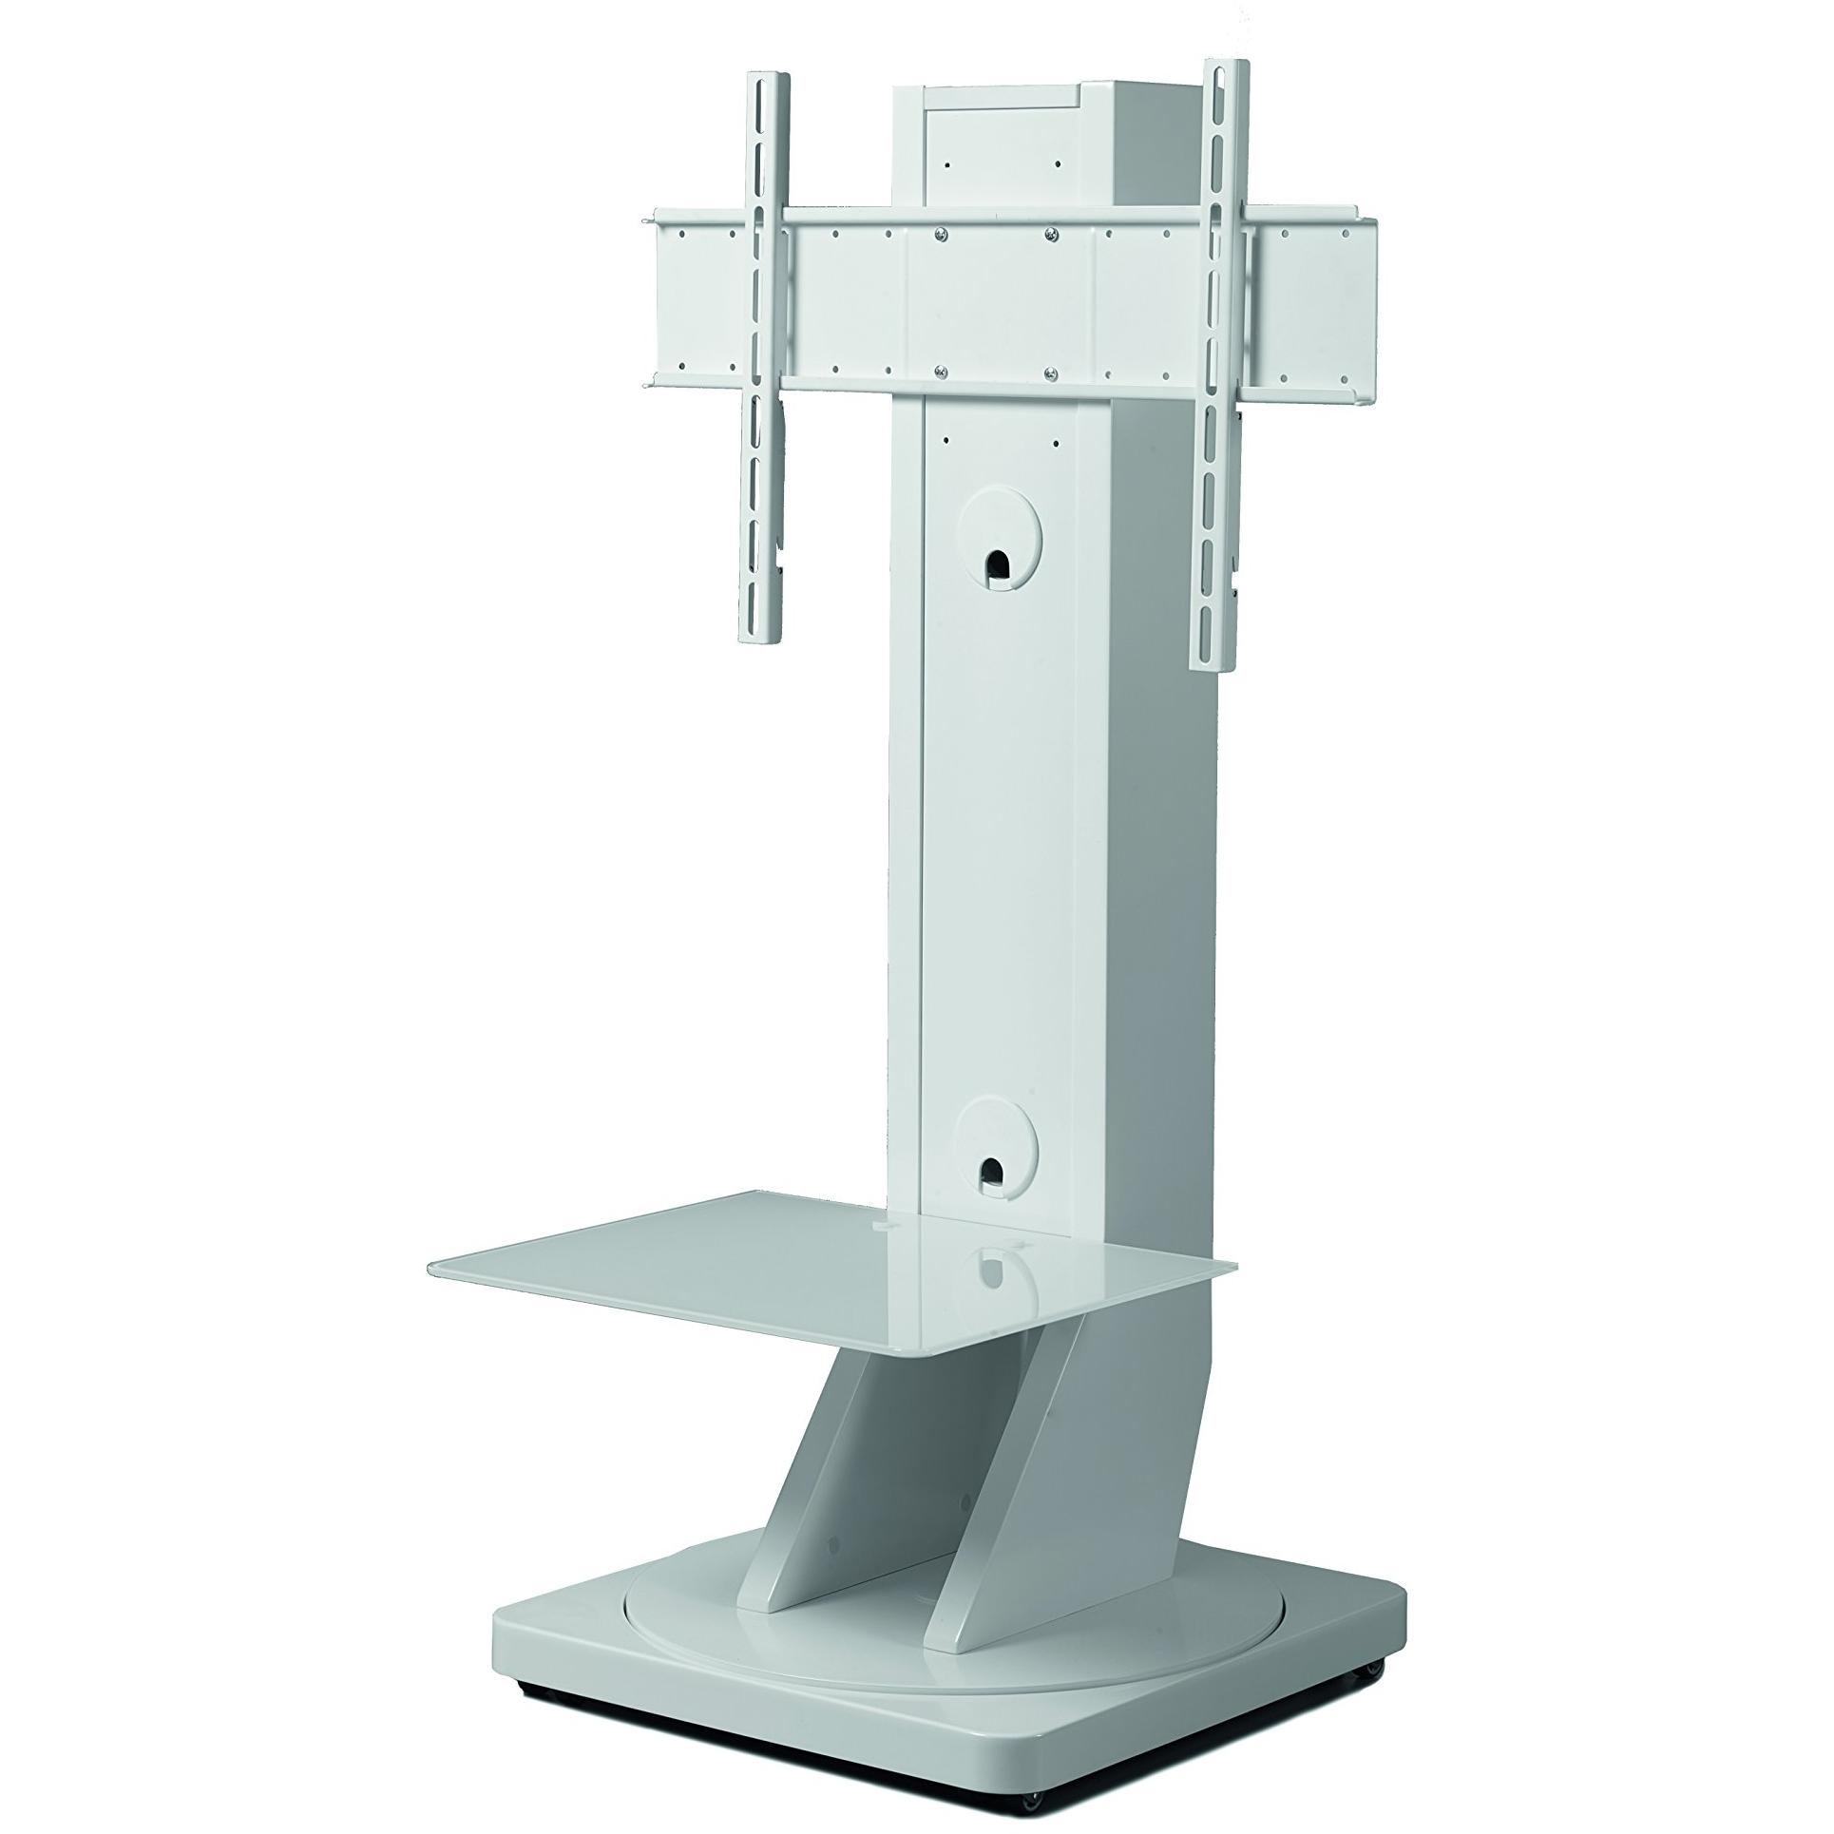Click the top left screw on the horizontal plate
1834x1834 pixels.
pyautogui.click(x=938, y=234)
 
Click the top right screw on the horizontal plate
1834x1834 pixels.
pyautogui.click(x=1051, y=234)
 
